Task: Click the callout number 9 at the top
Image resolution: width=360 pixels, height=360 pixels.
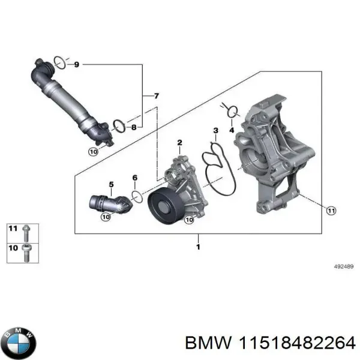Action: (x=76, y=65)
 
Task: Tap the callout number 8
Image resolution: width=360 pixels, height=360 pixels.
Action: (x=134, y=127)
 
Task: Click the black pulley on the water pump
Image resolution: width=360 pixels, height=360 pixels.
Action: (x=163, y=206)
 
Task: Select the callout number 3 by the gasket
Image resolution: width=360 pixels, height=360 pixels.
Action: (x=215, y=130)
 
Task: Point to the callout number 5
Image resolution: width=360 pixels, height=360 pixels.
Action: (x=110, y=183)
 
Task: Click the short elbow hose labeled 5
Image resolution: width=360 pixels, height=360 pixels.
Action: (x=108, y=202)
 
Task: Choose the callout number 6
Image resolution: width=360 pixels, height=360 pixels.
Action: (x=134, y=178)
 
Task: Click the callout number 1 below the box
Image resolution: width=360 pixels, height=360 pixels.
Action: (x=199, y=245)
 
